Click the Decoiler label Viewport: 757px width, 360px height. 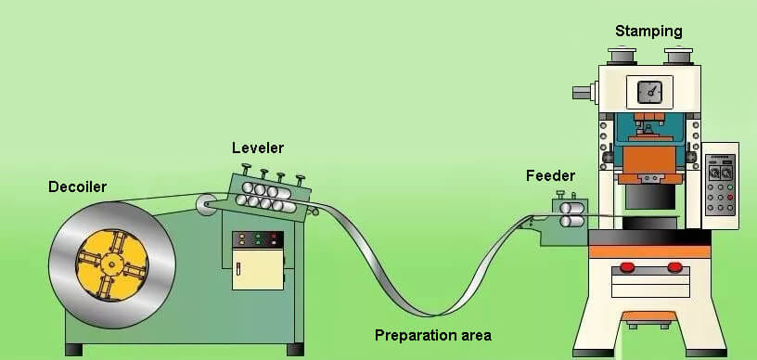click(77, 187)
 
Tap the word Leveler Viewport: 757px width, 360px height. click(258, 148)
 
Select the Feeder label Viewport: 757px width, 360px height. click(550, 175)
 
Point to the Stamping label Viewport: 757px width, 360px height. click(648, 31)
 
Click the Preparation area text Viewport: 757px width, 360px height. click(432, 335)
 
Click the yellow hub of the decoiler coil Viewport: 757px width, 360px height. click(110, 264)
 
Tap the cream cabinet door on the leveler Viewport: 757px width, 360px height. click(258, 270)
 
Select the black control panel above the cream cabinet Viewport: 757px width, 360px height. click(258, 239)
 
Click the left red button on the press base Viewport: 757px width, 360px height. click(627, 268)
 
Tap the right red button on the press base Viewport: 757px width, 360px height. click(674, 268)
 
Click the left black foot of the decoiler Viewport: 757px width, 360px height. click(73, 350)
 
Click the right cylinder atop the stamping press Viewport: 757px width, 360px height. click(679, 57)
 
